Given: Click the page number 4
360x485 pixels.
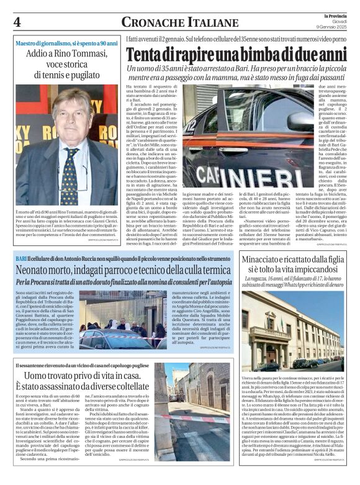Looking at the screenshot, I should (x=17, y=22).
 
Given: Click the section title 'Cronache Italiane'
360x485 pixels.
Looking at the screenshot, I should (x=171, y=22).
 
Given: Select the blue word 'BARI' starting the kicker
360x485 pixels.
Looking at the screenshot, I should (x=22, y=257).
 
